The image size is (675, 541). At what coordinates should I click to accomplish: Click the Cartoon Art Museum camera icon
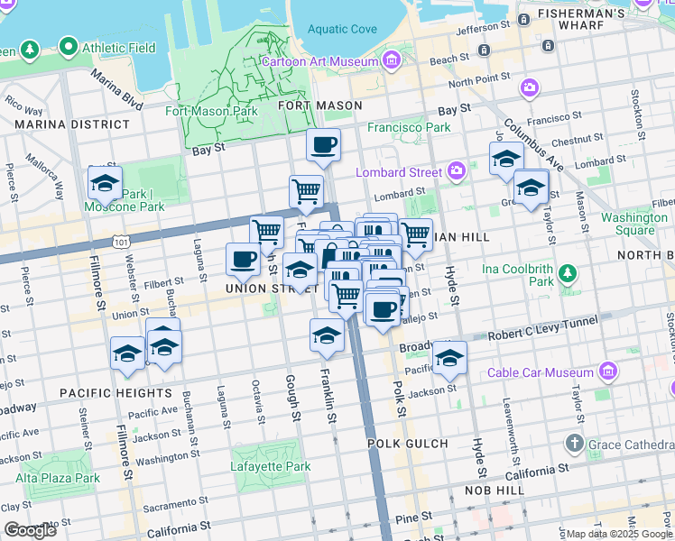(391, 61)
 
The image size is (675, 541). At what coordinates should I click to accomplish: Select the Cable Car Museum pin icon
(607, 371)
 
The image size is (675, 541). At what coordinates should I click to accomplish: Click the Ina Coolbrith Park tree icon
(568, 272)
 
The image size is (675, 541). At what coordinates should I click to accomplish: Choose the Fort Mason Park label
(211, 112)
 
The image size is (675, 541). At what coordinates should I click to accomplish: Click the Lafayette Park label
(272, 466)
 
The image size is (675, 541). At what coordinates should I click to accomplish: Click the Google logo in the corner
(30, 530)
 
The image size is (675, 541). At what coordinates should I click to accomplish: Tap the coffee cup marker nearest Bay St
(323, 144)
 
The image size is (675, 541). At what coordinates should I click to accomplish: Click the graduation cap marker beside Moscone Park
(106, 183)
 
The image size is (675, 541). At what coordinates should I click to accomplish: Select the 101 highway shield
(120, 242)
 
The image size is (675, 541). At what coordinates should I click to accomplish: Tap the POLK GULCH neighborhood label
(407, 444)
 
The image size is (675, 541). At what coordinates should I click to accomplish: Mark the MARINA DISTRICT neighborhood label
(71, 124)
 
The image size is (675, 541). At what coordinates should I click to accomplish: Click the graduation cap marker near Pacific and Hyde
(449, 358)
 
